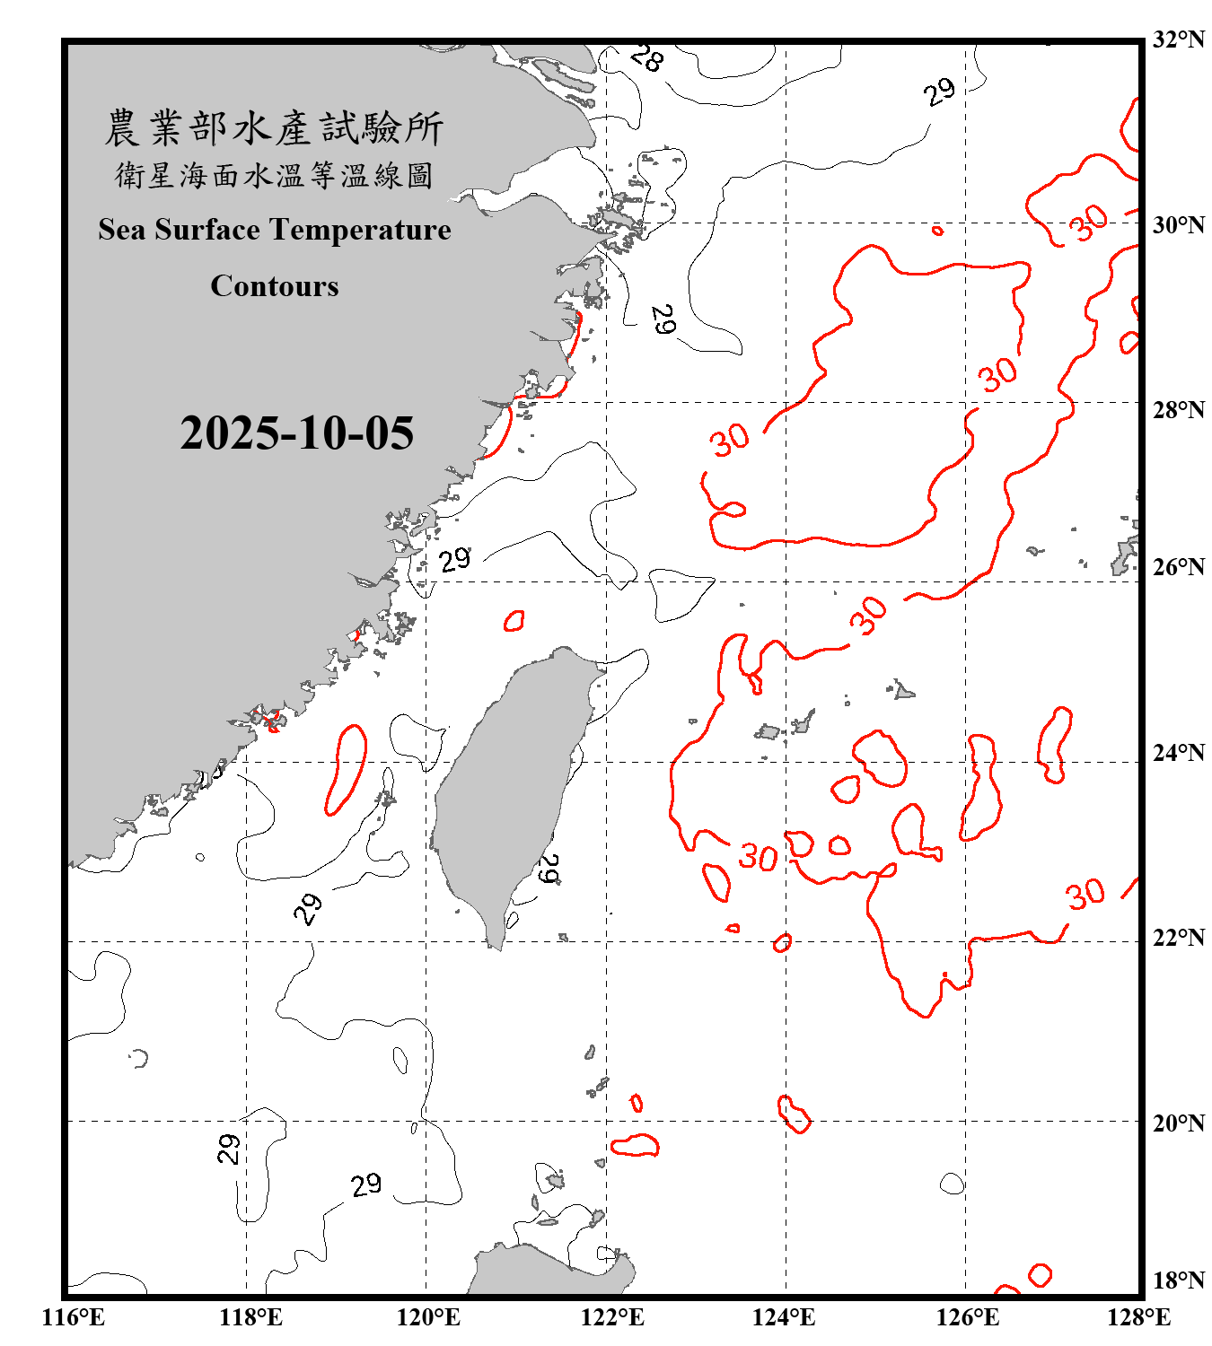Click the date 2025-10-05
[296, 433]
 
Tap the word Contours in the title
[275, 286]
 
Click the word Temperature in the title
[359, 230]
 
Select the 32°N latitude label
[1178, 39]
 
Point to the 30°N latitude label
[1178, 225]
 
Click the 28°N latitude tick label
[1178, 410]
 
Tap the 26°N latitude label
[1178, 567]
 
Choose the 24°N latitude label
[1178, 752]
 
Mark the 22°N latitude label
[1178, 938]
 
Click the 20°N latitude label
[1178, 1123]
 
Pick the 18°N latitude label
[1178, 1280]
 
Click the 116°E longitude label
[74, 1317]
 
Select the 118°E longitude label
[250, 1317]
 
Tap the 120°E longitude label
[428, 1317]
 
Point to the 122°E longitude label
[611, 1317]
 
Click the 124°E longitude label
[784, 1317]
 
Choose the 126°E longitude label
[967, 1317]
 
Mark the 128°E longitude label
[1138, 1317]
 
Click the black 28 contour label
[646, 58]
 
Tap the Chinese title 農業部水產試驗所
[274, 128]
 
